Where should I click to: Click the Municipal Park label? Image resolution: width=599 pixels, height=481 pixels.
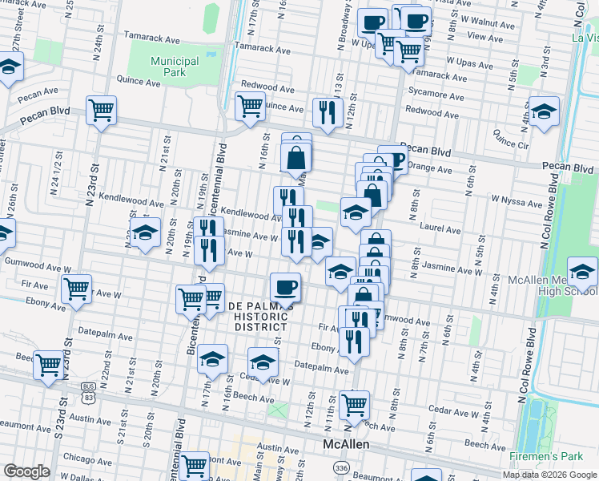[x=175, y=67]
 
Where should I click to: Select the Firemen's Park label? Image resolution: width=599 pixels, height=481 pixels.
[x=546, y=456]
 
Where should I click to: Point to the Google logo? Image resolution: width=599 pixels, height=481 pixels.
[x=26, y=471]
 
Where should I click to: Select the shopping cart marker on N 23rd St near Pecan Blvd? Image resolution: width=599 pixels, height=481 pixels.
[x=102, y=111]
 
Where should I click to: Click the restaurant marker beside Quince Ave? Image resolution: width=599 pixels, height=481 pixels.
[x=327, y=112]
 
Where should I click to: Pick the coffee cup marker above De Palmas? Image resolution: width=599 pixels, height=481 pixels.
[x=285, y=287]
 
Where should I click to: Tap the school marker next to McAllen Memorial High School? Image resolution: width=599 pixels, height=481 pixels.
[x=581, y=272]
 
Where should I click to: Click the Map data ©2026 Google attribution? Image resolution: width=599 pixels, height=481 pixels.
[x=549, y=475]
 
